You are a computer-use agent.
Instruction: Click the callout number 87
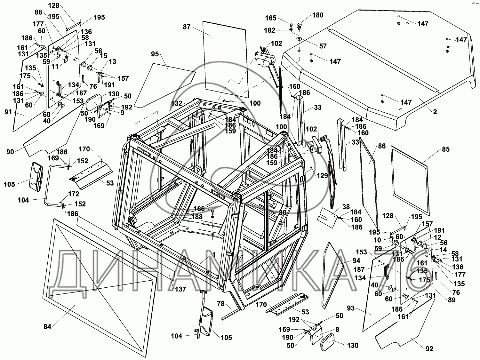(x=187, y=27)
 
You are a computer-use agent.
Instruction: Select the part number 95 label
(x=155, y=54)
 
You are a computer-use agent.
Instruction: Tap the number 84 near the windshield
(x=47, y=327)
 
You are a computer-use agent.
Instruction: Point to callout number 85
(x=446, y=149)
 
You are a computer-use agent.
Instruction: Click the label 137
(x=180, y=289)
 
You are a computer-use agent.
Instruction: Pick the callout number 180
(x=318, y=15)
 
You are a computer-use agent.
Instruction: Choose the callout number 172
(x=74, y=194)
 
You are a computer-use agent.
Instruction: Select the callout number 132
(x=177, y=104)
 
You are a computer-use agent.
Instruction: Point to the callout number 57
(x=323, y=46)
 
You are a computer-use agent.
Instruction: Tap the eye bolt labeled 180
(x=300, y=25)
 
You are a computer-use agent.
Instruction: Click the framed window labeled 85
(x=410, y=179)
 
